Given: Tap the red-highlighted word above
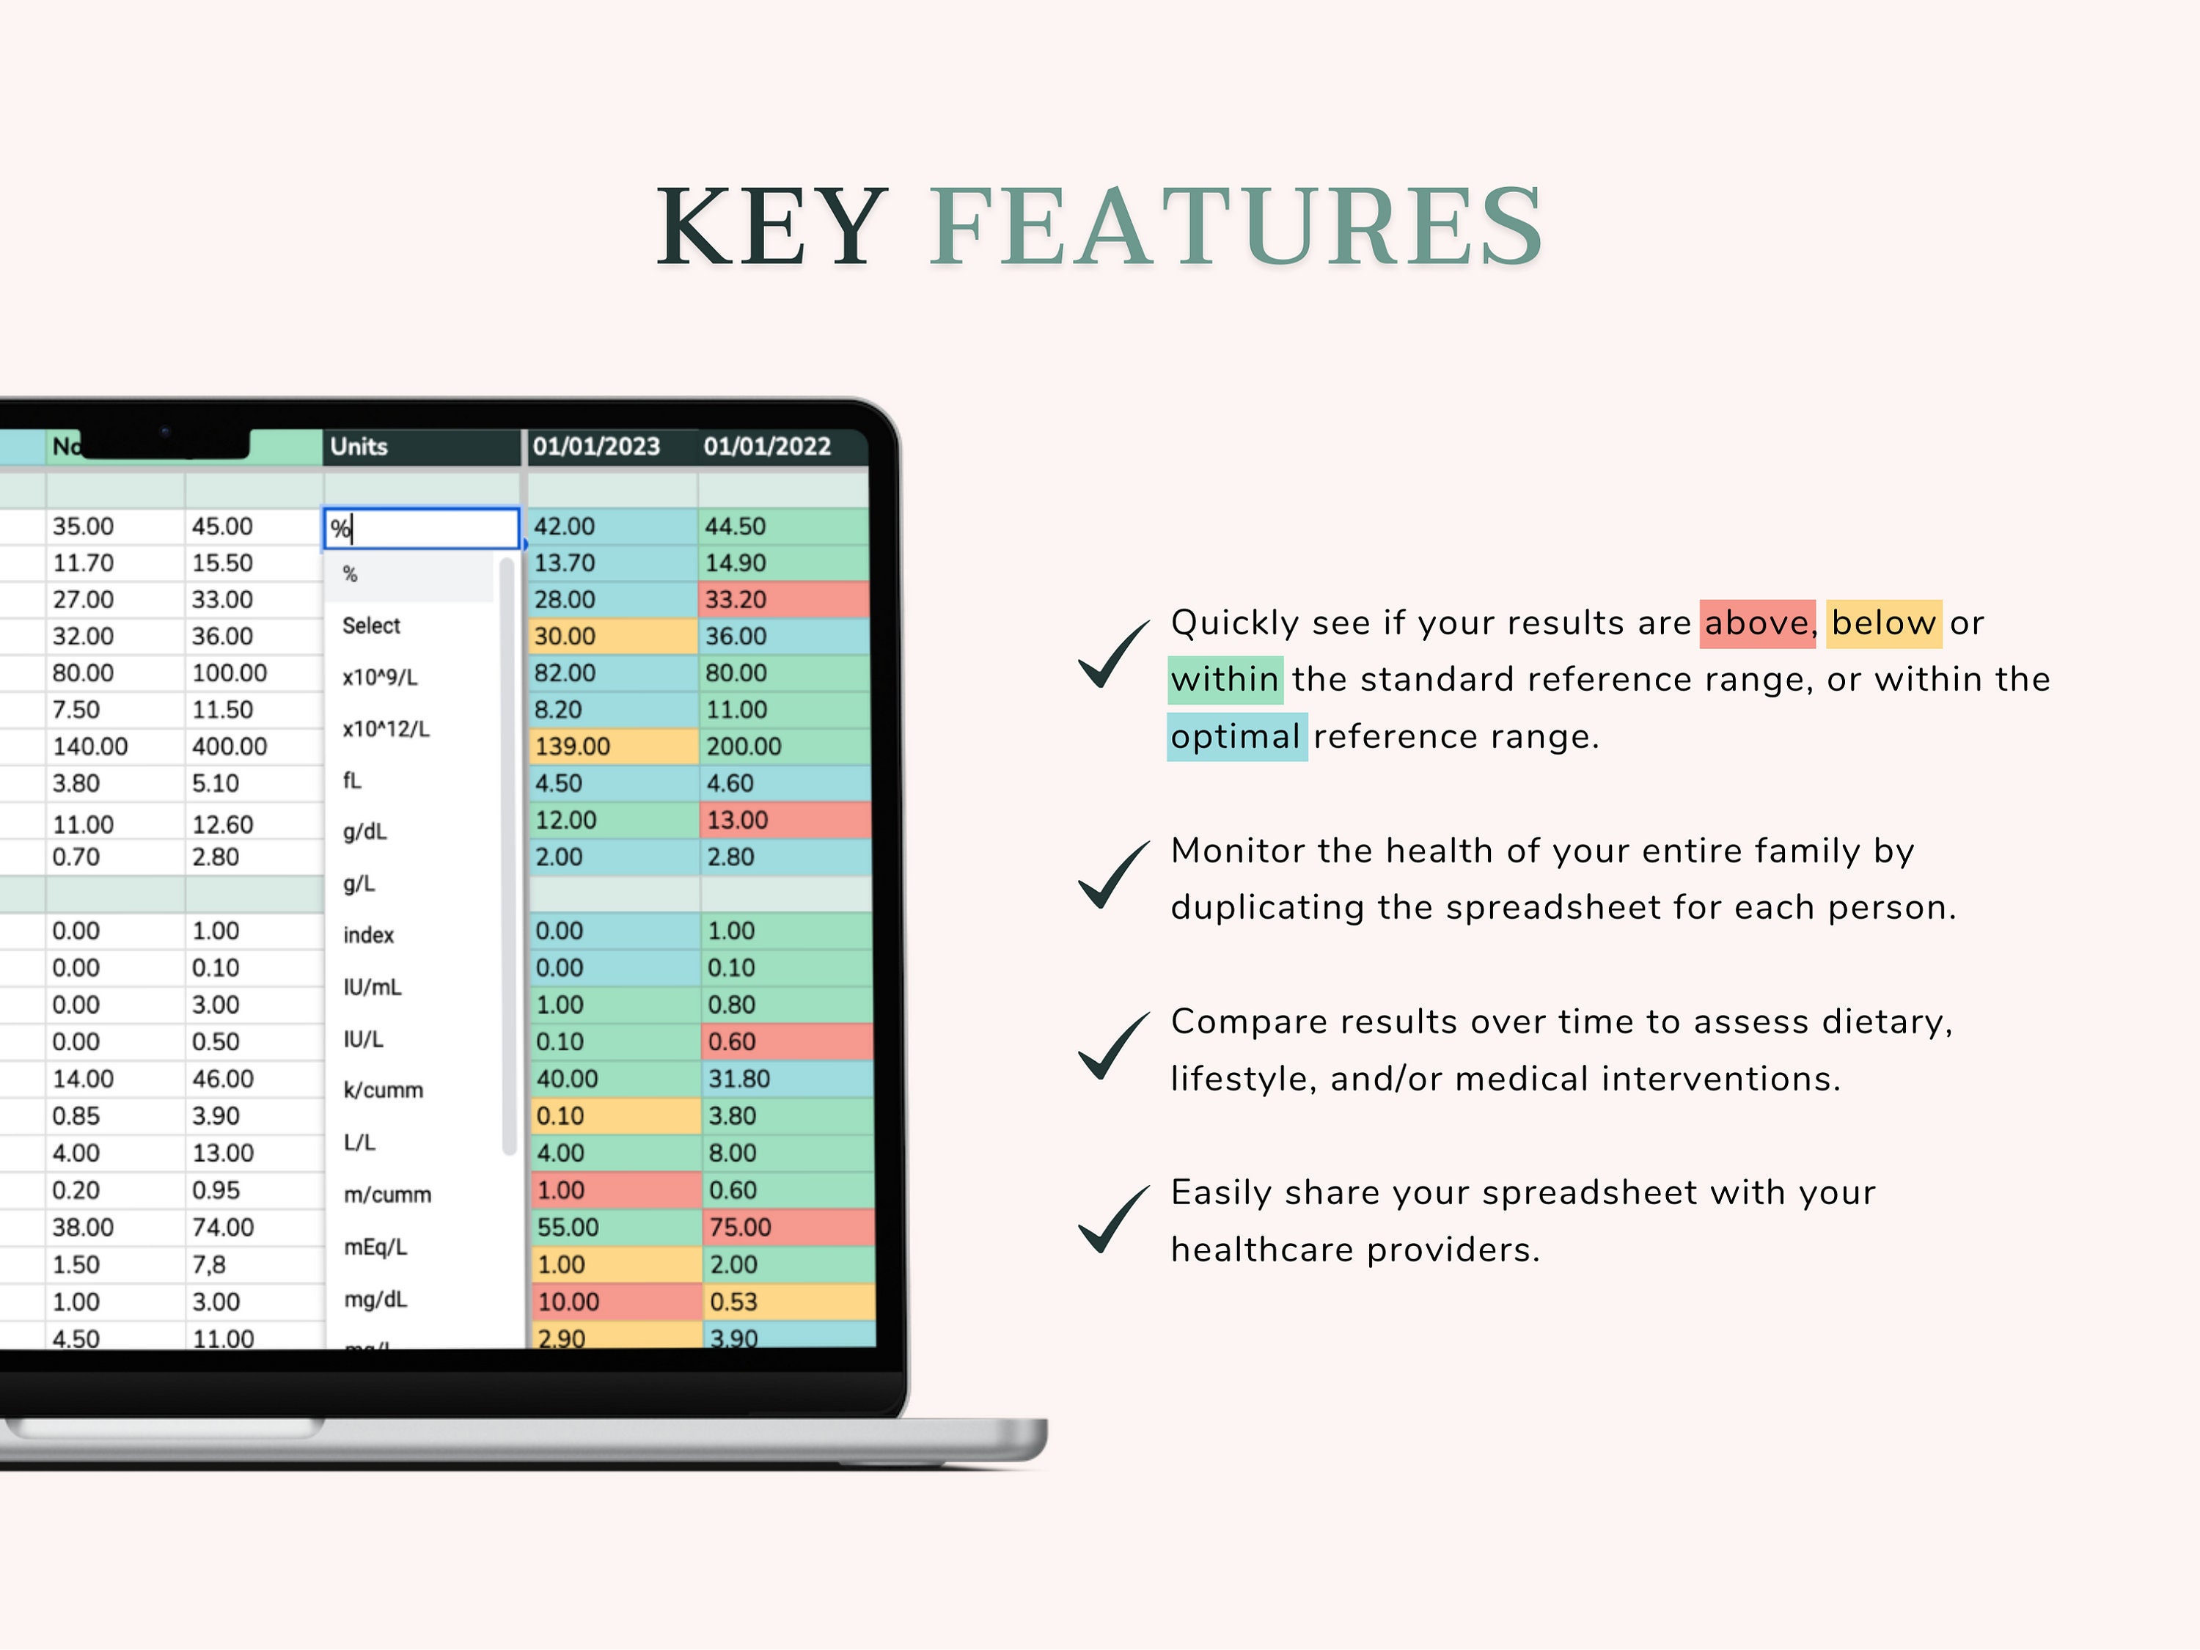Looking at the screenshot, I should pyautogui.click(x=1756, y=623).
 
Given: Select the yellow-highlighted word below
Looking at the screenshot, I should pyautogui.click(x=1882, y=623).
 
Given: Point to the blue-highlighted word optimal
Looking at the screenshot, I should pyautogui.click(x=1235, y=737).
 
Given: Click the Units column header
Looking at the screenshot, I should pyautogui.click(x=359, y=447).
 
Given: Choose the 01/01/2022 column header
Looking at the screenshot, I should pyautogui.click(x=767, y=447).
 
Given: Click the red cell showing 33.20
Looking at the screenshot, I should pyautogui.click(x=782, y=600).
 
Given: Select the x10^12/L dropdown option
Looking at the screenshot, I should pyautogui.click(x=386, y=729).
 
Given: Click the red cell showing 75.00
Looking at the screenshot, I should pyautogui.click(x=785, y=1228).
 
